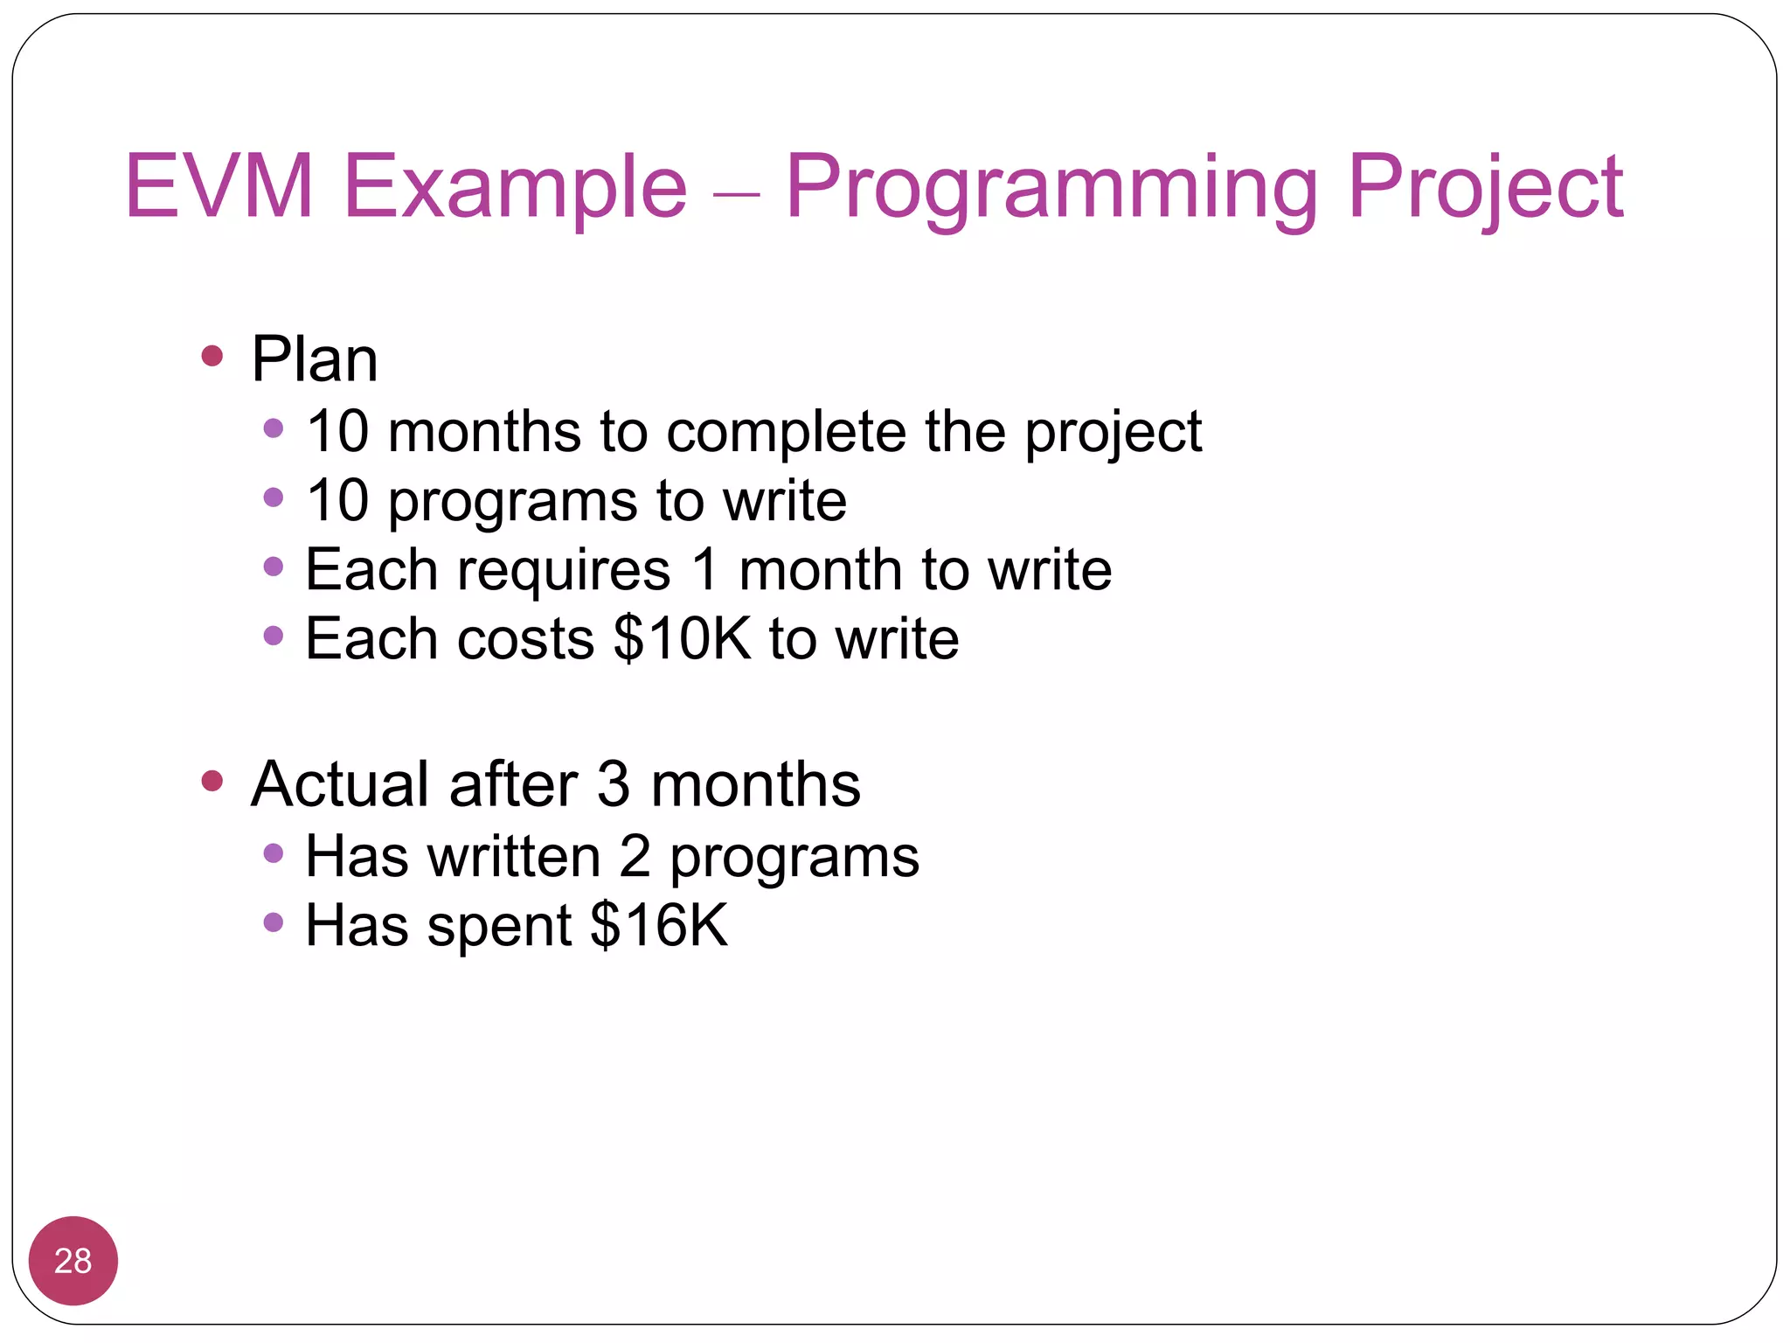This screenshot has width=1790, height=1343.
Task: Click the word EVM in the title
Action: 219,186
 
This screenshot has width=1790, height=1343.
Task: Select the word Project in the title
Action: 1485,186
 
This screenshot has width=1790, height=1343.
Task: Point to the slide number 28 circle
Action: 73,1261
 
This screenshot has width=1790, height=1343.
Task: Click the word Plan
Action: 315,359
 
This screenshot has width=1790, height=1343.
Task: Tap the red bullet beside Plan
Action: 212,356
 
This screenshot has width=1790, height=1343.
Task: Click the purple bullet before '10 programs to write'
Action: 274,498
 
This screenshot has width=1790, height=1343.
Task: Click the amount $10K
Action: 682,638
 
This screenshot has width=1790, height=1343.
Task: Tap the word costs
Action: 526,640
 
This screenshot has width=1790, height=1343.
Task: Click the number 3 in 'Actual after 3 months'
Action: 614,784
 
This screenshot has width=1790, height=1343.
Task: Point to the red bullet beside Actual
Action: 212,780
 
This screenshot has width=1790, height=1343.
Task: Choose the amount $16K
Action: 658,925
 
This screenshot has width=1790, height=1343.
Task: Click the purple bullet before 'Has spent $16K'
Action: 274,922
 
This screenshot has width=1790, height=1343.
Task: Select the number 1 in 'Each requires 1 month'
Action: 706,570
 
